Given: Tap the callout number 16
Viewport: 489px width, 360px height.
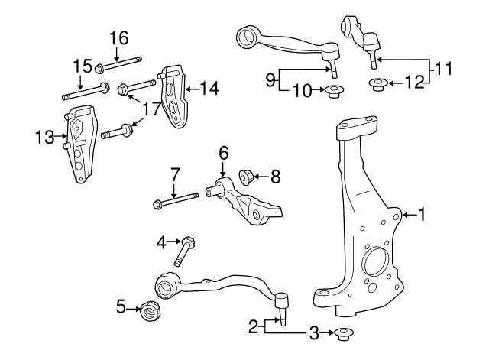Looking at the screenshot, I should (x=118, y=37).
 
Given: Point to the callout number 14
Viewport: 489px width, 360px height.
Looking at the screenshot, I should (x=209, y=89).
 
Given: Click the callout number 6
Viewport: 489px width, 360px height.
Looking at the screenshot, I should (x=224, y=152).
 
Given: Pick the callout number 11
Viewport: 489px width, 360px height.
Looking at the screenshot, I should (x=443, y=70).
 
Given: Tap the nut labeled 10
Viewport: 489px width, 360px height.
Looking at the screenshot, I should (x=333, y=93).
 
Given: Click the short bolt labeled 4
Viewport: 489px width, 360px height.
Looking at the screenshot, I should (x=185, y=250).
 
